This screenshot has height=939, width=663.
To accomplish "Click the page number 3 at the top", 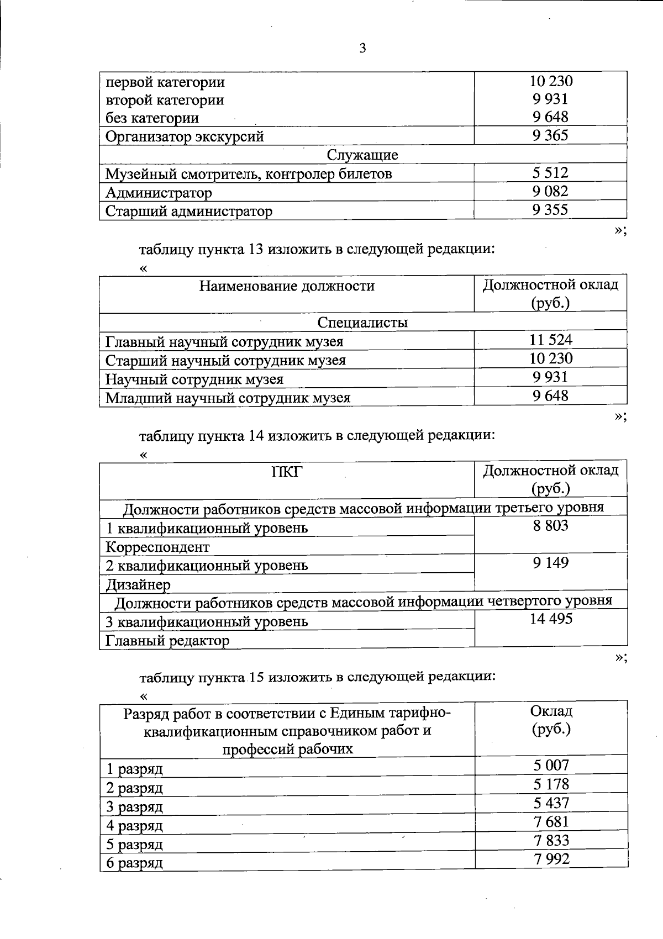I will tap(362, 49).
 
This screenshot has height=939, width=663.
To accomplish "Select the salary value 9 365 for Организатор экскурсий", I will tap(550, 135).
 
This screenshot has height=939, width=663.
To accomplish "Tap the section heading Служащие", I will tap(362, 155).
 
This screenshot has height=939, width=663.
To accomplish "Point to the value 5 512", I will tap(550, 173).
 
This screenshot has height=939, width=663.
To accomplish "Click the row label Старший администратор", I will tap(189, 211).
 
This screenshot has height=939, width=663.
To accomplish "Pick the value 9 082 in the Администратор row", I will tap(550, 191).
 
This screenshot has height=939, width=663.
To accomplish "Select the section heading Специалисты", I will tap(362, 322).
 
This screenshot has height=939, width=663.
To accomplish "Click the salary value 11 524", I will tap(550, 340).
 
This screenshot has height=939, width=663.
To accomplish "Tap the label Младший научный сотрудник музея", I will tap(228, 398).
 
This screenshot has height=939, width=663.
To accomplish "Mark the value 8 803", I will tap(550, 525).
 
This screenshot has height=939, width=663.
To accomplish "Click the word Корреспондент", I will tap(157, 547).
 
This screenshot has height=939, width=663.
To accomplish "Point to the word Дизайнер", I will tap(138, 584).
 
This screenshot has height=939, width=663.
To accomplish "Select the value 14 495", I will tap(550, 619).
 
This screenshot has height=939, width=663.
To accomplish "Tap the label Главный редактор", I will tap(167, 641).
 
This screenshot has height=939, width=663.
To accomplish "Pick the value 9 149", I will tap(550, 563).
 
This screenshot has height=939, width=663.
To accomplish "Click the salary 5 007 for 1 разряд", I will tap(551, 765).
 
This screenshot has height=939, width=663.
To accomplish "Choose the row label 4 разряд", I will tap(134, 826).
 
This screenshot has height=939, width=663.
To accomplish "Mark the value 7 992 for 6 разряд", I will tap(551, 859).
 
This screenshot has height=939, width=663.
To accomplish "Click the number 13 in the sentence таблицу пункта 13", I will tap(255, 249).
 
